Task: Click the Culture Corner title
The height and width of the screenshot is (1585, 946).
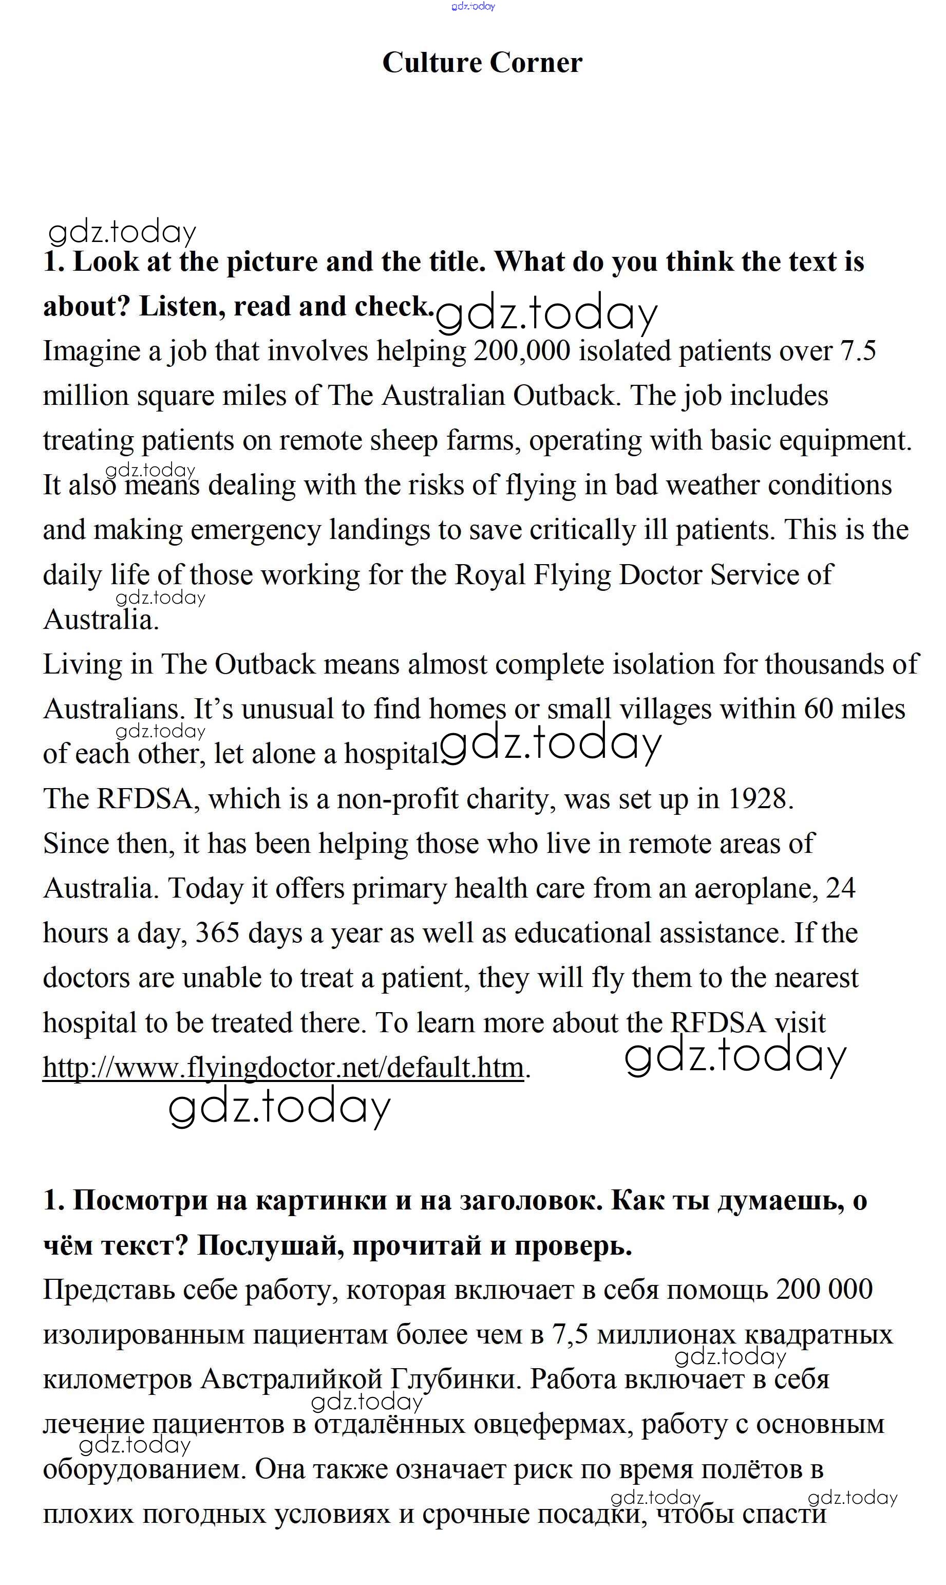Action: coord(482,63)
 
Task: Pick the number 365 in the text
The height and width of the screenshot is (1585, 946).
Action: coord(217,934)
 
